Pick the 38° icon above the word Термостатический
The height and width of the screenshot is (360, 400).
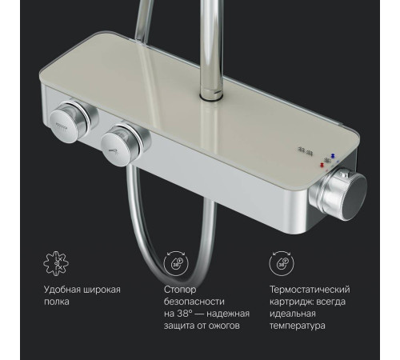pyautogui.click(x=280, y=266)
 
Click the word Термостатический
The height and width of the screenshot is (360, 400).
pyautogui.click(x=310, y=290)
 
